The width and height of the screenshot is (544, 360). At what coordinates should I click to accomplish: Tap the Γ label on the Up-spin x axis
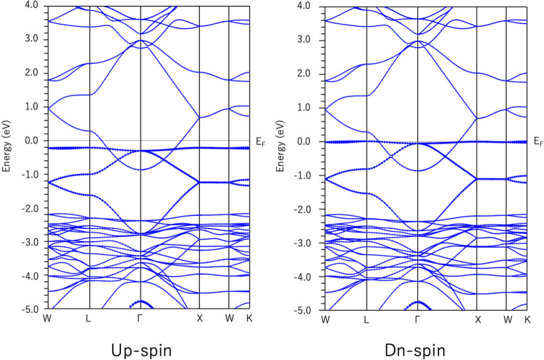(x=140, y=319)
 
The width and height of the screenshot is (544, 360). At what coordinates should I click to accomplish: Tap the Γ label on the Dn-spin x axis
(x=417, y=319)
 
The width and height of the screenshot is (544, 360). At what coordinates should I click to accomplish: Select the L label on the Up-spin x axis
(x=88, y=319)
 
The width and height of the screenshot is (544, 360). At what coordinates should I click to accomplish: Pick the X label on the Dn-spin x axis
(x=477, y=319)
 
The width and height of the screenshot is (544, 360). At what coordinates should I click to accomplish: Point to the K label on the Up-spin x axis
(x=249, y=319)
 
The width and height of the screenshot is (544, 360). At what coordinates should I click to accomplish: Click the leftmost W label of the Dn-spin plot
(x=325, y=319)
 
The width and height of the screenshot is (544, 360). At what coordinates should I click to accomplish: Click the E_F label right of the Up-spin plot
(x=261, y=142)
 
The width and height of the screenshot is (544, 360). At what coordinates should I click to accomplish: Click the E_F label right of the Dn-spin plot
(x=538, y=142)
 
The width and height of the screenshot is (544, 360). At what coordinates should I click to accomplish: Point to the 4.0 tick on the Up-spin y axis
(x=33, y=7)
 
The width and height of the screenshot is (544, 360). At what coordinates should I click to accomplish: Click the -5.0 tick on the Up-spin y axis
(x=32, y=311)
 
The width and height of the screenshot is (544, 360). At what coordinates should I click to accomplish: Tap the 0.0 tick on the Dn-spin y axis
(x=311, y=142)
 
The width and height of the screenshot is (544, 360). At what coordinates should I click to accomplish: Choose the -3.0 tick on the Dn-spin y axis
(x=309, y=243)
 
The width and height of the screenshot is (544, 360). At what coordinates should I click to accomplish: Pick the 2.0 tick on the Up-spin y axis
(x=33, y=74)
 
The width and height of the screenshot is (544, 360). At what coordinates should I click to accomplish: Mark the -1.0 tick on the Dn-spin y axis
(x=309, y=175)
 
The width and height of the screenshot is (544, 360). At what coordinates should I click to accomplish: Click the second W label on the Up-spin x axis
(x=229, y=319)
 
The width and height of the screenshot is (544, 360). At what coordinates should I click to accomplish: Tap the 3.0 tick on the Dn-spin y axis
(x=311, y=40)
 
